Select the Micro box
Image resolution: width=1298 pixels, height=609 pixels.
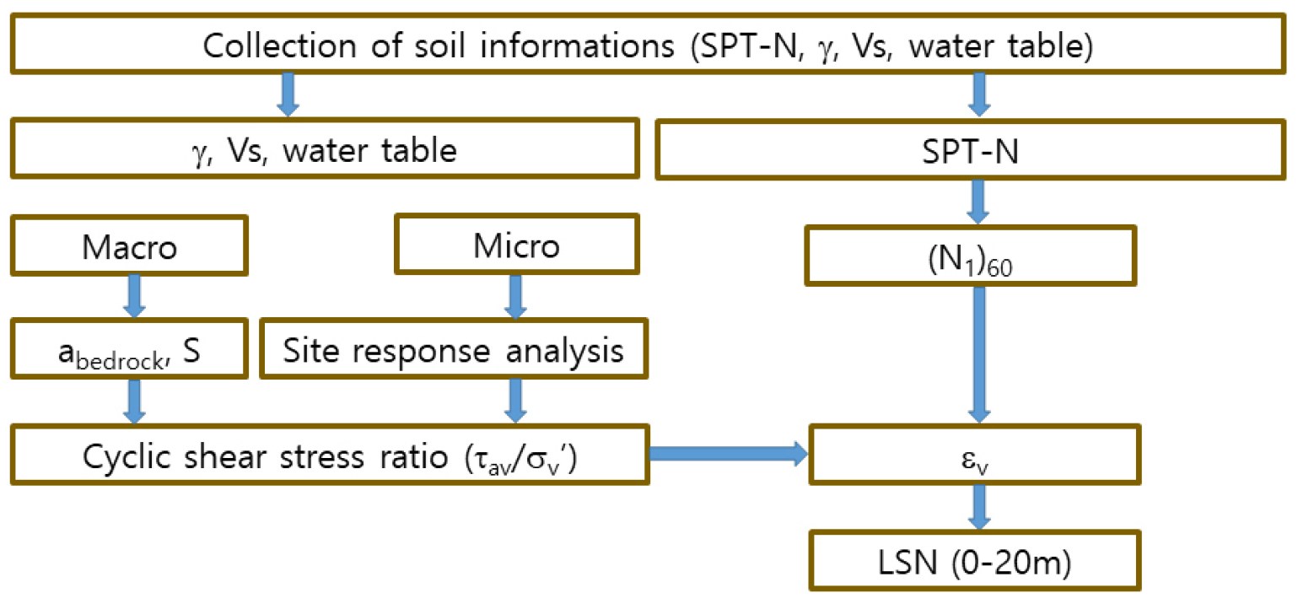(x=515, y=246)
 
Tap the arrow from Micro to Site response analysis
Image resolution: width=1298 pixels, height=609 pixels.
(x=515, y=294)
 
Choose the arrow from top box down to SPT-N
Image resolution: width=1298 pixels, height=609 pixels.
(x=978, y=94)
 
